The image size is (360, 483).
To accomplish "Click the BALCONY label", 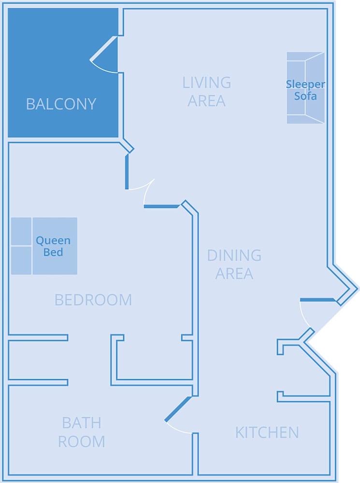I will [x=61, y=104].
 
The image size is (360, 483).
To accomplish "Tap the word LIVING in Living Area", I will [x=206, y=83].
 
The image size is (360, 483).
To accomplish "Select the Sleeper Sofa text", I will [x=305, y=90].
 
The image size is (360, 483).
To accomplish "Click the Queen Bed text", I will [x=53, y=246].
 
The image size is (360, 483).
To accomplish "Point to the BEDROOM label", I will [x=93, y=300].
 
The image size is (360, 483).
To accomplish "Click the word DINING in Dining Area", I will [x=234, y=255].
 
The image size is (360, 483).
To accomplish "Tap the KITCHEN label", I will [x=267, y=432].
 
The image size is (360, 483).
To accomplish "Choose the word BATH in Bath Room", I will [x=81, y=423].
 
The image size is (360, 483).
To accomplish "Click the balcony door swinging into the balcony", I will [x=104, y=50].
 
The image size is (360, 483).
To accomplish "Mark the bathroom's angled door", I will [x=177, y=409].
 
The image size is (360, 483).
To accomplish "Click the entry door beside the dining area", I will [x=317, y=300].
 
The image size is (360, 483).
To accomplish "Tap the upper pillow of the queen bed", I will [x=21, y=231].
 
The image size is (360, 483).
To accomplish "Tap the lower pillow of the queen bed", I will [x=21, y=260].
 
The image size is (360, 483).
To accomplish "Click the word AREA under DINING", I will [x=234, y=273].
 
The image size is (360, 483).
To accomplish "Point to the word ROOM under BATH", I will [x=81, y=441].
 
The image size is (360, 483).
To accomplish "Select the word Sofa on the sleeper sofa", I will [x=305, y=96].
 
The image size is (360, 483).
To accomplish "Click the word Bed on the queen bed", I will [x=53, y=252].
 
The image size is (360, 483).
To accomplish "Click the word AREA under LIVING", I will [x=206, y=101].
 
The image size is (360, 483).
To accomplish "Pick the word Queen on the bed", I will [x=53, y=241].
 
